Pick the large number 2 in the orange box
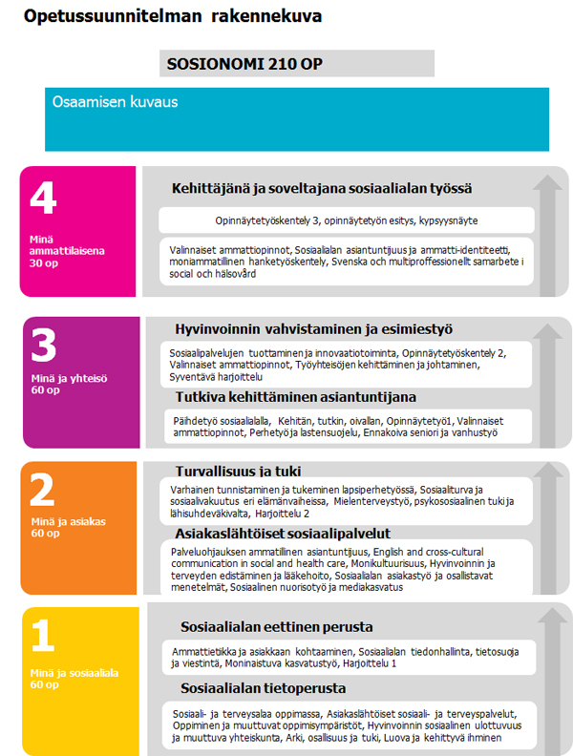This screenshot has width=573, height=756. [44, 491]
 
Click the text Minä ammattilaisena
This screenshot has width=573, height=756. [66, 252]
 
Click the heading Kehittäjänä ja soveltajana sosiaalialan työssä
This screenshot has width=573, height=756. [322, 188]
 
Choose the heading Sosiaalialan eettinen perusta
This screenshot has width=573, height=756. [263, 627]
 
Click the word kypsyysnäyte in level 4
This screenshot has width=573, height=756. [449, 220]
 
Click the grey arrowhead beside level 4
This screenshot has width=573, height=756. [550, 179]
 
